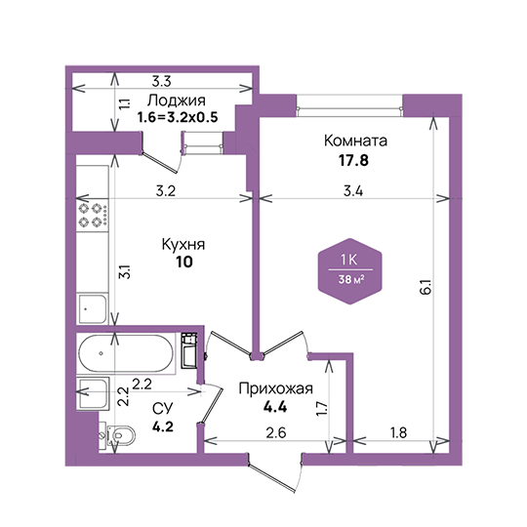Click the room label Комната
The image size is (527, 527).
tap(355, 141)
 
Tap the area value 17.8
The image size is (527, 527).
tap(353, 160)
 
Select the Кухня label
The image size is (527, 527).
tap(183, 244)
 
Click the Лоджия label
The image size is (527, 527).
tap(177, 101)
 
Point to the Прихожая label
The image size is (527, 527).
tap(275, 388)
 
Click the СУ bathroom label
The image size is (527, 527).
tap(162, 408)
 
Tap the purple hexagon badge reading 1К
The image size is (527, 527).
tap(350, 271)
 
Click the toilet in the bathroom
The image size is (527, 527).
tap(117, 435)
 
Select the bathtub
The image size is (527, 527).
tap(126, 353)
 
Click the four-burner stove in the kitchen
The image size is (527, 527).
tap(93, 215)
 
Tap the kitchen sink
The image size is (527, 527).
tap(93, 308)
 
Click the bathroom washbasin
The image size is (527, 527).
tap(93, 393)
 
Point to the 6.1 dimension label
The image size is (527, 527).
tap(426, 287)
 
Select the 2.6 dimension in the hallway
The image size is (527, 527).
tap(276, 433)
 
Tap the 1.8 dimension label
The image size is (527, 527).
tap(398, 433)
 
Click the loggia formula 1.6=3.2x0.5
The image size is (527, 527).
tap(178, 117)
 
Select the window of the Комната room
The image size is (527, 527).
tap(349, 105)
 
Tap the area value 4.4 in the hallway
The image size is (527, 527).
tap(275, 407)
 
